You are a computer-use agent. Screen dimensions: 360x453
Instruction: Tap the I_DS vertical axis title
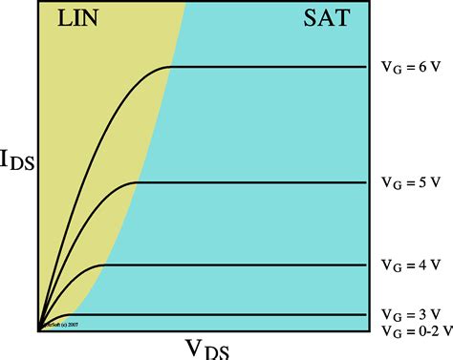coord(18,161)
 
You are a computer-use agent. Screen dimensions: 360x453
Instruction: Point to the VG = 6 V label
coord(409,69)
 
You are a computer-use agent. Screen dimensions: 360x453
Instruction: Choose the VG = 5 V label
coord(409,182)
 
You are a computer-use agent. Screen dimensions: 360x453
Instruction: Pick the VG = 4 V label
coord(409,265)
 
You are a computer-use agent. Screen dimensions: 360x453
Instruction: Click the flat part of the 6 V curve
coord(268,67)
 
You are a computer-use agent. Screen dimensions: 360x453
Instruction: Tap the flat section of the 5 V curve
coord(248,181)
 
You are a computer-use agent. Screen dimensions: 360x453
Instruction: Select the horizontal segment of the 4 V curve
coord(229,264)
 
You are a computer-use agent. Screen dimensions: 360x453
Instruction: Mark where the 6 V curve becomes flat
coord(170,67)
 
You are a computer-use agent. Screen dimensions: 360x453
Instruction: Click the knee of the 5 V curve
coord(137,181)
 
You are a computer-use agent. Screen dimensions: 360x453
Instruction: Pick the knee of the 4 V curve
coord(101,264)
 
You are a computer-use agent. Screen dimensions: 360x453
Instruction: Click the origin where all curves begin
coord(39,331)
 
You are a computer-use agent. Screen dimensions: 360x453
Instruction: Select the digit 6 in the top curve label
coord(423,69)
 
